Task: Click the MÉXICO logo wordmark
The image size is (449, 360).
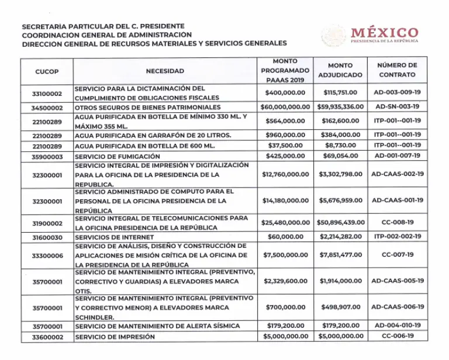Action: (384, 33)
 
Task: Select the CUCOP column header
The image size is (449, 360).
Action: (47, 71)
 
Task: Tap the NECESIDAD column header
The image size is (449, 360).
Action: (165, 71)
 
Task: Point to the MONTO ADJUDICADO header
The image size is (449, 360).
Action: (340, 71)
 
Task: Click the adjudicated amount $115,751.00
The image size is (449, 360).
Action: (340, 92)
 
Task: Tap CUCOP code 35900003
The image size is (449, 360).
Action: (47, 157)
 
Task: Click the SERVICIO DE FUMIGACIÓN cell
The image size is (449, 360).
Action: (118, 157)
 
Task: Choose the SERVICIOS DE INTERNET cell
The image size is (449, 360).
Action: (115, 237)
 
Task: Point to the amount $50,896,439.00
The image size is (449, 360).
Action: (340, 223)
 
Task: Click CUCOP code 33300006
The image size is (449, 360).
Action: (47, 255)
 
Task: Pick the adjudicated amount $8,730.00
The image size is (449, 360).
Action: (340, 145)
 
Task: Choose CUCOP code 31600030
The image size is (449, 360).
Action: (47, 237)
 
